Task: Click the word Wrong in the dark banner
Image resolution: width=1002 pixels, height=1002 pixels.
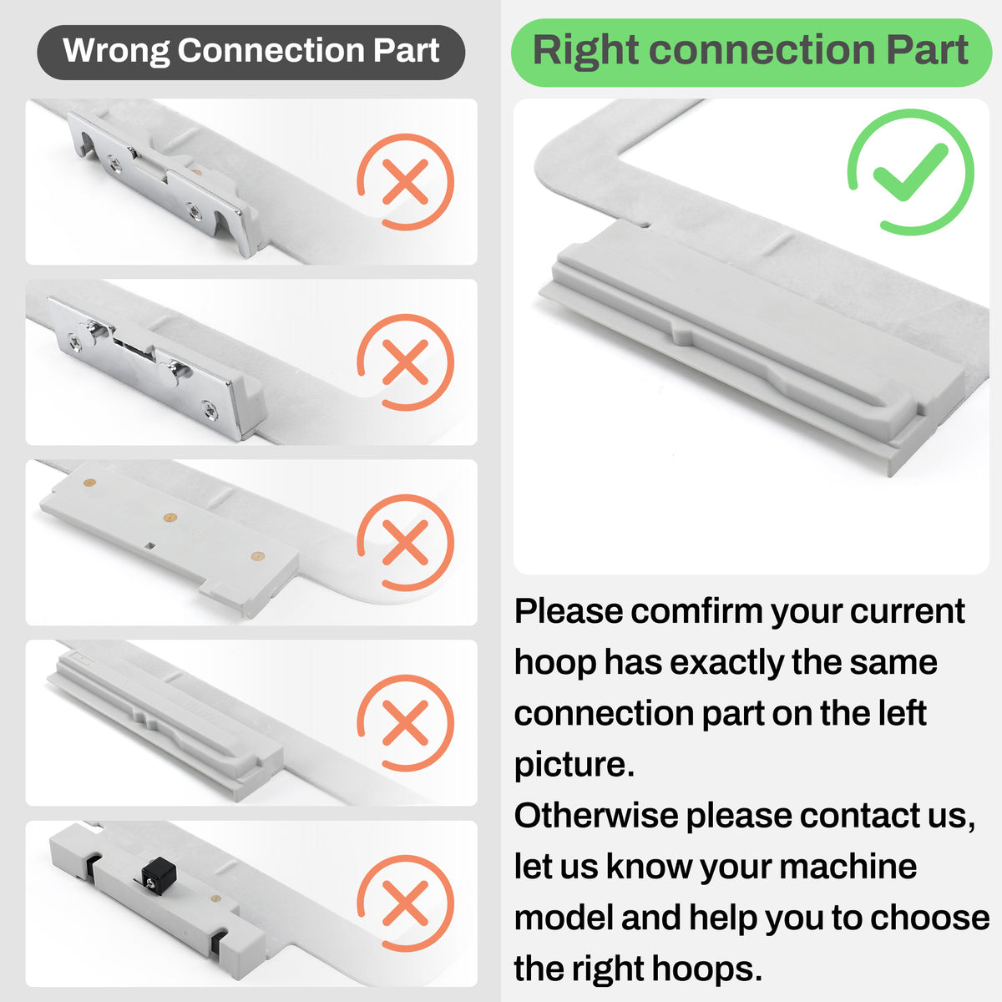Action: [x=115, y=50]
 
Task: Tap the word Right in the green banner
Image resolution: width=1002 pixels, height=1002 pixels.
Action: [x=585, y=52]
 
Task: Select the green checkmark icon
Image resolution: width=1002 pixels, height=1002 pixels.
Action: [x=910, y=172]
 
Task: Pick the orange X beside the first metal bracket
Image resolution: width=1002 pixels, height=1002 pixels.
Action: [x=405, y=181]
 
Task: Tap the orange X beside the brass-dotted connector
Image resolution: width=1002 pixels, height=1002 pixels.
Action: [x=405, y=543]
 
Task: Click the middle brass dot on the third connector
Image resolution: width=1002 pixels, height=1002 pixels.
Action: [x=170, y=517]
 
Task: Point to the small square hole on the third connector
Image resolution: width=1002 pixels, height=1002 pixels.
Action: [x=150, y=545]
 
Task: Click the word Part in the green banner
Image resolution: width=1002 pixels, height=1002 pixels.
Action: [x=927, y=50]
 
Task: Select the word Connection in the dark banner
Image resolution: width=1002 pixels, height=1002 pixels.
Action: [x=271, y=50]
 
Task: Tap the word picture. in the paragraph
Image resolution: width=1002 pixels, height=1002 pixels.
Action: [x=574, y=765]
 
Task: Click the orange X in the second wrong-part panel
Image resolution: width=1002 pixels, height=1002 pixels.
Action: [x=405, y=362]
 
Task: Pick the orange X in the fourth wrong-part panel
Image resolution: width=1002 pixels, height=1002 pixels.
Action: [x=405, y=723]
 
